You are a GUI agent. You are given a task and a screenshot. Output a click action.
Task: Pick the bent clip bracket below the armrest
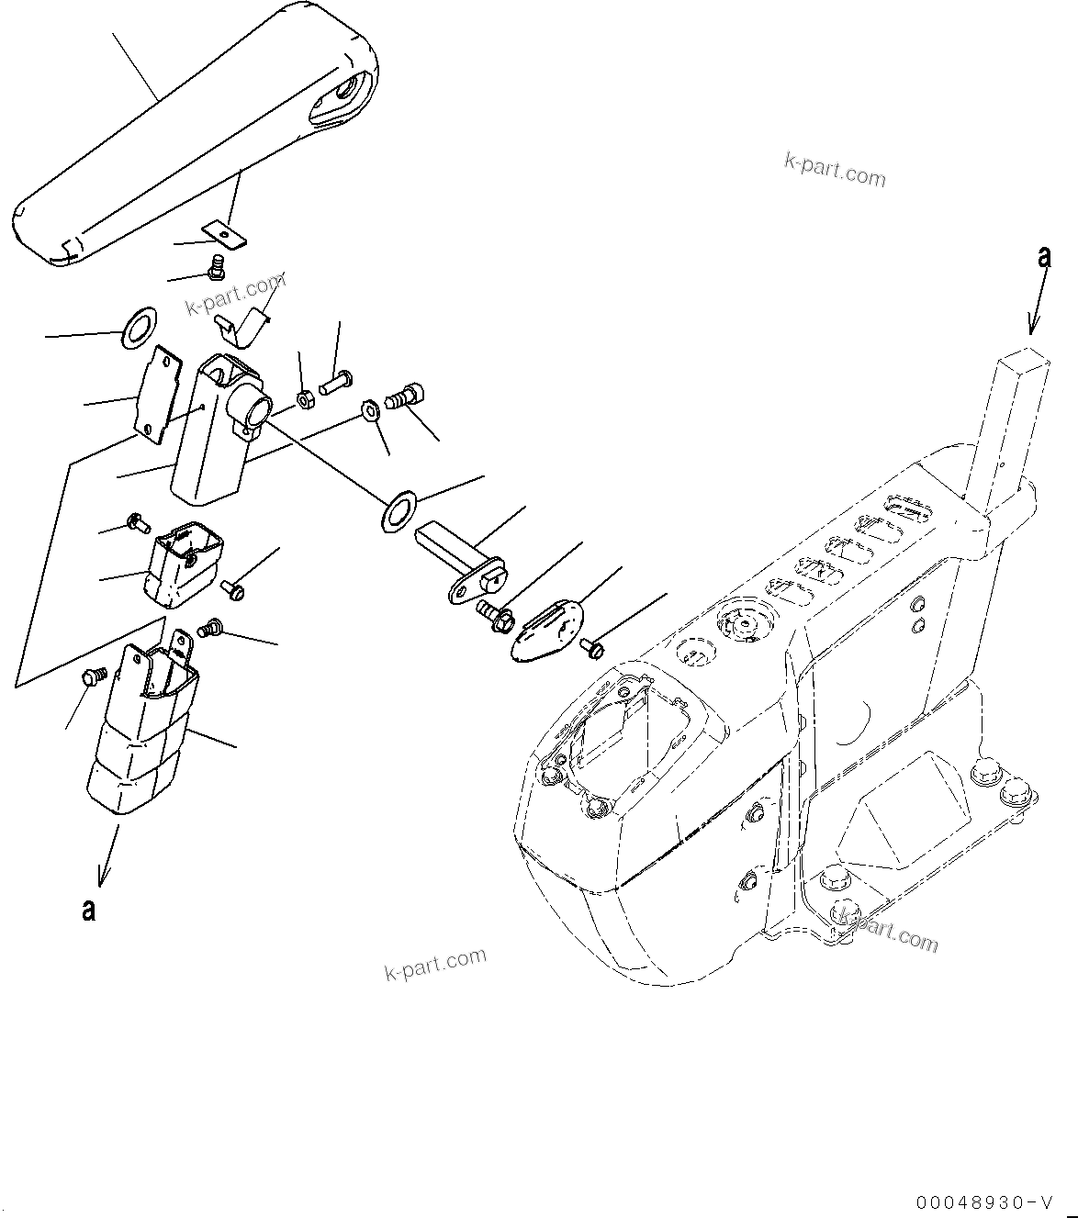point(241,323)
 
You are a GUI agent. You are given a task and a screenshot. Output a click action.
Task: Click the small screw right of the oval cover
point(593,649)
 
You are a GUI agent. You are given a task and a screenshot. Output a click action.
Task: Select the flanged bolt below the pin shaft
point(495,613)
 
